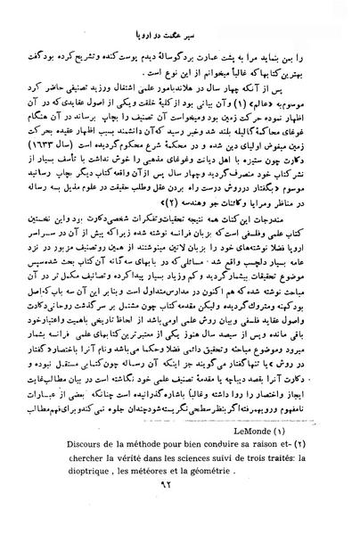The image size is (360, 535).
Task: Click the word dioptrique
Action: tap(78, 495)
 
